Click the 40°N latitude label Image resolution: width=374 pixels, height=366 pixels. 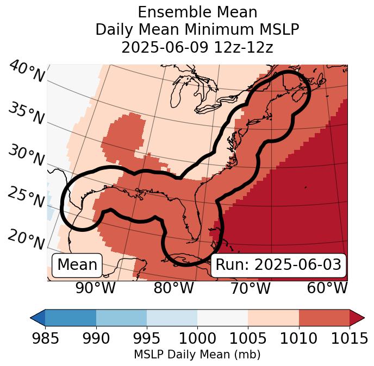26,72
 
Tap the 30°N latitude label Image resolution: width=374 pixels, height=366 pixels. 26,156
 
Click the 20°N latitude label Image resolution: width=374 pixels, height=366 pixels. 26,239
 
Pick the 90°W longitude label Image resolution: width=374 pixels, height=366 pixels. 96,288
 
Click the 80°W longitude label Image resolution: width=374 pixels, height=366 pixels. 173,288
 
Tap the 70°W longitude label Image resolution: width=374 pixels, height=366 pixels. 250,288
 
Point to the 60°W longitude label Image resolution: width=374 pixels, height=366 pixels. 327,288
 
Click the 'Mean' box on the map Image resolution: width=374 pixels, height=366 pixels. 77,265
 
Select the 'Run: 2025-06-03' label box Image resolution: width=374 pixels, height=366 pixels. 278,265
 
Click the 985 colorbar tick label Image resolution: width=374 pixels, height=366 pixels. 45,339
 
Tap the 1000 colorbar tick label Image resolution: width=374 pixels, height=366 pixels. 197,339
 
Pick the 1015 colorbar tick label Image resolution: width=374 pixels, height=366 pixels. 349,339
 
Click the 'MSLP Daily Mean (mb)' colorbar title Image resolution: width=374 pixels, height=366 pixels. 197,355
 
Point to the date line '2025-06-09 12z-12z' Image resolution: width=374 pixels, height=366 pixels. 197,47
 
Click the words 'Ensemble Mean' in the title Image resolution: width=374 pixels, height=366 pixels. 197,12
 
